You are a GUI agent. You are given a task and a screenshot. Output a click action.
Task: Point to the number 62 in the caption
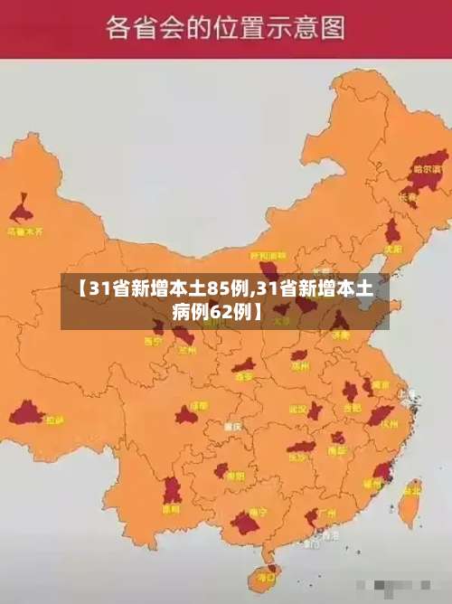pyautogui.click(x=221, y=312)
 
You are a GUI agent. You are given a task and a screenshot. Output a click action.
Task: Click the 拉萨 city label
pyautogui.click(x=55, y=420)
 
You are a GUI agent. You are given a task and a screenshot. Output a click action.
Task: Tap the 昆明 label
pyautogui.click(x=171, y=509)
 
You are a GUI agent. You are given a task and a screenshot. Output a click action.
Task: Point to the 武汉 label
pyautogui.click(x=297, y=409)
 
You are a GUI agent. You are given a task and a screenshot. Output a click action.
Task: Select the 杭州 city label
pyautogui.click(x=390, y=422)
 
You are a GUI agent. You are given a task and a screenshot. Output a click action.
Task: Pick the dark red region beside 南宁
pyautogui.click(x=243, y=523)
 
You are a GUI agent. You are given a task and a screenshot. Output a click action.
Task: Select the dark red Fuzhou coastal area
pyautogui.click(x=382, y=471)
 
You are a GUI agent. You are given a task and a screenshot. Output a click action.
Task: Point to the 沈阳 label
pyautogui.click(x=391, y=249)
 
